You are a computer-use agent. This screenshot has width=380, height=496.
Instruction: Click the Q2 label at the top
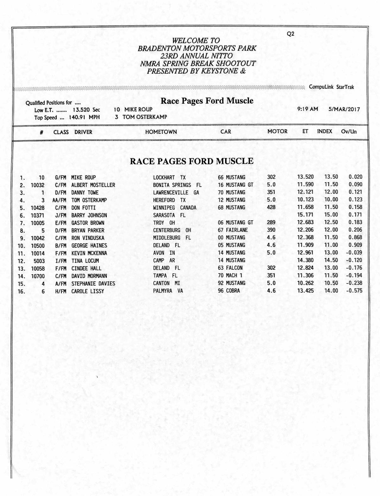click(x=290, y=34)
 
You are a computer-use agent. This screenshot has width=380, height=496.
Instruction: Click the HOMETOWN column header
click(x=161, y=132)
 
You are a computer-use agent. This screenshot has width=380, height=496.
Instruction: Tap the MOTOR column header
click(x=277, y=132)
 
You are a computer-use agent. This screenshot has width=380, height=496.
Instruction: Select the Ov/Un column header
click(x=349, y=132)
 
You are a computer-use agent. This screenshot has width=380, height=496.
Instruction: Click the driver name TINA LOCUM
click(x=85, y=261)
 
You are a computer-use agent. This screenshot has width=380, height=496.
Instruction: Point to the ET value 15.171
click(x=305, y=215)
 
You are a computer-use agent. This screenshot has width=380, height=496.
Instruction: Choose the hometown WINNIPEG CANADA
click(x=174, y=208)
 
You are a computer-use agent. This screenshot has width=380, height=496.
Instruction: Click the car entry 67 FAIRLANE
click(x=233, y=230)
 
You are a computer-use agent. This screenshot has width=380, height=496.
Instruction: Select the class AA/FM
click(x=59, y=200)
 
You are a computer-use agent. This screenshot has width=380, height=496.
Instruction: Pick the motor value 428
click(x=271, y=207)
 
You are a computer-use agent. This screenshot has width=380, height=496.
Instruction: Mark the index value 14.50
click(x=331, y=260)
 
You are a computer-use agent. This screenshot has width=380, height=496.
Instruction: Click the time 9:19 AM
click(x=307, y=109)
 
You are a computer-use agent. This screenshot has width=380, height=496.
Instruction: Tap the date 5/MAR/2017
click(x=344, y=109)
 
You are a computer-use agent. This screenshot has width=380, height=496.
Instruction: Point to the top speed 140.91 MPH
click(x=84, y=117)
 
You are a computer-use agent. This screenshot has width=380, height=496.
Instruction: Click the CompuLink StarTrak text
click(x=332, y=87)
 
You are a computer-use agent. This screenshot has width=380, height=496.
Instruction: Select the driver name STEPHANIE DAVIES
click(x=93, y=283)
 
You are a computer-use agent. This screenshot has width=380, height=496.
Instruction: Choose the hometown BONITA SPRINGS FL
click(x=177, y=185)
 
